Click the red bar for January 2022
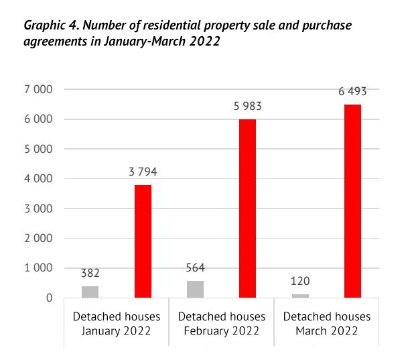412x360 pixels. tap(143, 241)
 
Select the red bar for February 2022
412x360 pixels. tap(248, 208)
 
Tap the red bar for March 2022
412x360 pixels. tap(352, 200)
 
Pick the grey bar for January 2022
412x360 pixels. tap(90, 292)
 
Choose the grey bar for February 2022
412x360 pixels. tap(195, 289)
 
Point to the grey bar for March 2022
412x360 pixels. tap(300, 296)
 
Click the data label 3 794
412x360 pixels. tap(143, 172)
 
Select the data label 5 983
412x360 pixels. tap(248, 107)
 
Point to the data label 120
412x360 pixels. tap(300, 281)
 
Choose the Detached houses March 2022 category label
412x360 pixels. tap(326, 324)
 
